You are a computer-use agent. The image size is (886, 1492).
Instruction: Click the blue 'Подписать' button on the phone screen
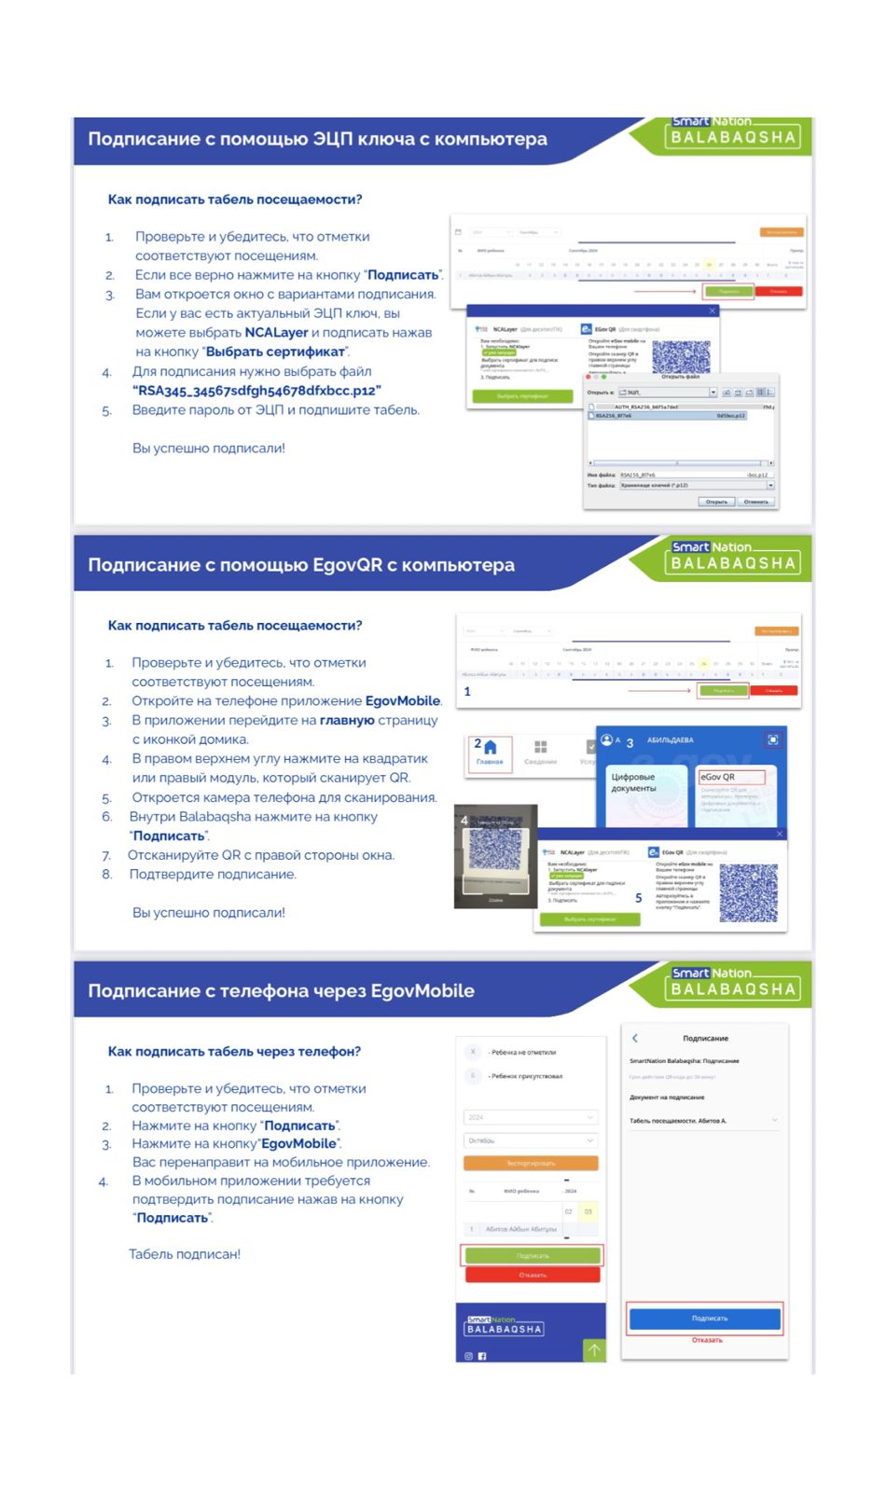(x=705, y=1319)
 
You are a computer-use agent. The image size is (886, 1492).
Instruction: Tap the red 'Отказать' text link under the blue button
(x=707, y=1340)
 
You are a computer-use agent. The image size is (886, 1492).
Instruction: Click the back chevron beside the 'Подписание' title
(x=635, y=1038)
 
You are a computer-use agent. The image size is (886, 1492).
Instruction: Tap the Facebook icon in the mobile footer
(x=482, y=1356)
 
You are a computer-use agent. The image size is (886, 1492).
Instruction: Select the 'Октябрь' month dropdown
(x=530, y=1140)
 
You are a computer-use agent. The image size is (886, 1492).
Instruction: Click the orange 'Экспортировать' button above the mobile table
(x=530, y=1163)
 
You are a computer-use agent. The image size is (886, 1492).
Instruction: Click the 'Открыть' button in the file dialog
(x=716, y=502)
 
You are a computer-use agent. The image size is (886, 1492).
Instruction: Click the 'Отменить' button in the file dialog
(x=755, y=502)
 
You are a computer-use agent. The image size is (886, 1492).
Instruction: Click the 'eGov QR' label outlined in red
(x=730, y=777)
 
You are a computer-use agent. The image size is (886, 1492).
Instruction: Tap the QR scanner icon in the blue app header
(x=772, y=739)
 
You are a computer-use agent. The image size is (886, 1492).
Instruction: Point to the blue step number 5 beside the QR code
(x=639, y=898)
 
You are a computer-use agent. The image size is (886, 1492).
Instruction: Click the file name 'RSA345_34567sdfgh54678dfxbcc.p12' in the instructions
(x=256, y=391)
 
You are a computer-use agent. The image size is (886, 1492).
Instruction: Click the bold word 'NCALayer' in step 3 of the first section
(x=276, y=333)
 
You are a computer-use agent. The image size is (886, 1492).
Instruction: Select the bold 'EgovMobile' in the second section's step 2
(x=402, y=701)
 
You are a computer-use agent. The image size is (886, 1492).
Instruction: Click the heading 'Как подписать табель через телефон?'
(x=234, y=1052)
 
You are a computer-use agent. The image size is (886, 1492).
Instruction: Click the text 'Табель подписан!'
(x=185, y=1254)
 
